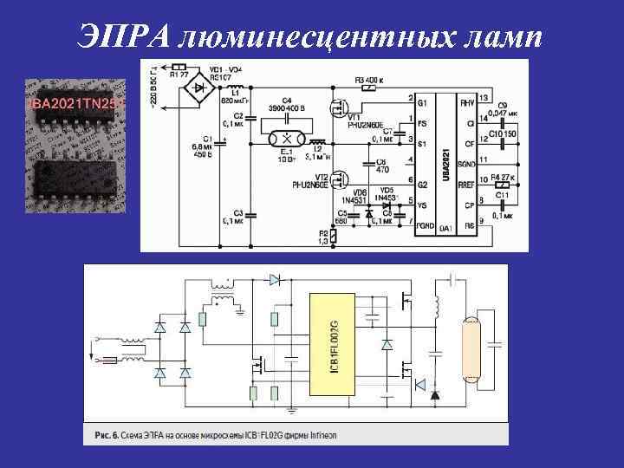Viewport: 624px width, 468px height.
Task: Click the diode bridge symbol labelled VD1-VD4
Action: (x=202, y=87)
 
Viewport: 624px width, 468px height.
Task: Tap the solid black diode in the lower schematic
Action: (x=435, y=395)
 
